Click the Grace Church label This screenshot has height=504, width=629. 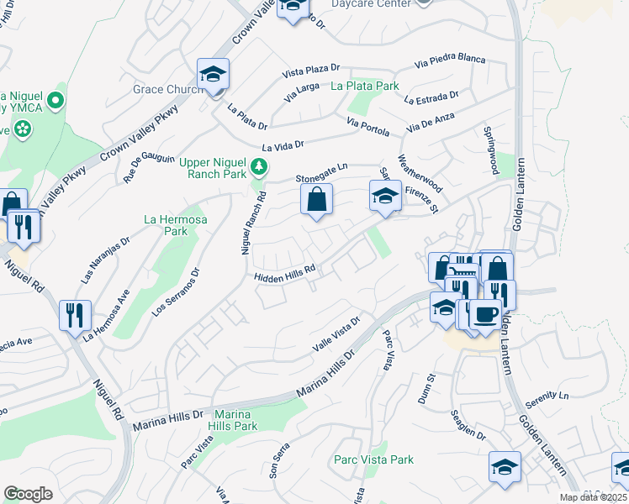165,89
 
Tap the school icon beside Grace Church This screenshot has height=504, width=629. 214,74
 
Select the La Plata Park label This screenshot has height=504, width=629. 364,86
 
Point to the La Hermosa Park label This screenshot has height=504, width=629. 165,224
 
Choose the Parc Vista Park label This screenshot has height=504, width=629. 373,459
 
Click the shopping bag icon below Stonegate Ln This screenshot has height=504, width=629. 316,201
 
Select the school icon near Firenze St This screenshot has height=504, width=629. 385,197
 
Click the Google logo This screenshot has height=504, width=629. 28,494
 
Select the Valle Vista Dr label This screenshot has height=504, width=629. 336,334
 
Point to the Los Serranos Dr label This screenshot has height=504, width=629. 175,291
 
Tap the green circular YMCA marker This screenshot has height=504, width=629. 55,102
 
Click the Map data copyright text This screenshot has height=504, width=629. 585,497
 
